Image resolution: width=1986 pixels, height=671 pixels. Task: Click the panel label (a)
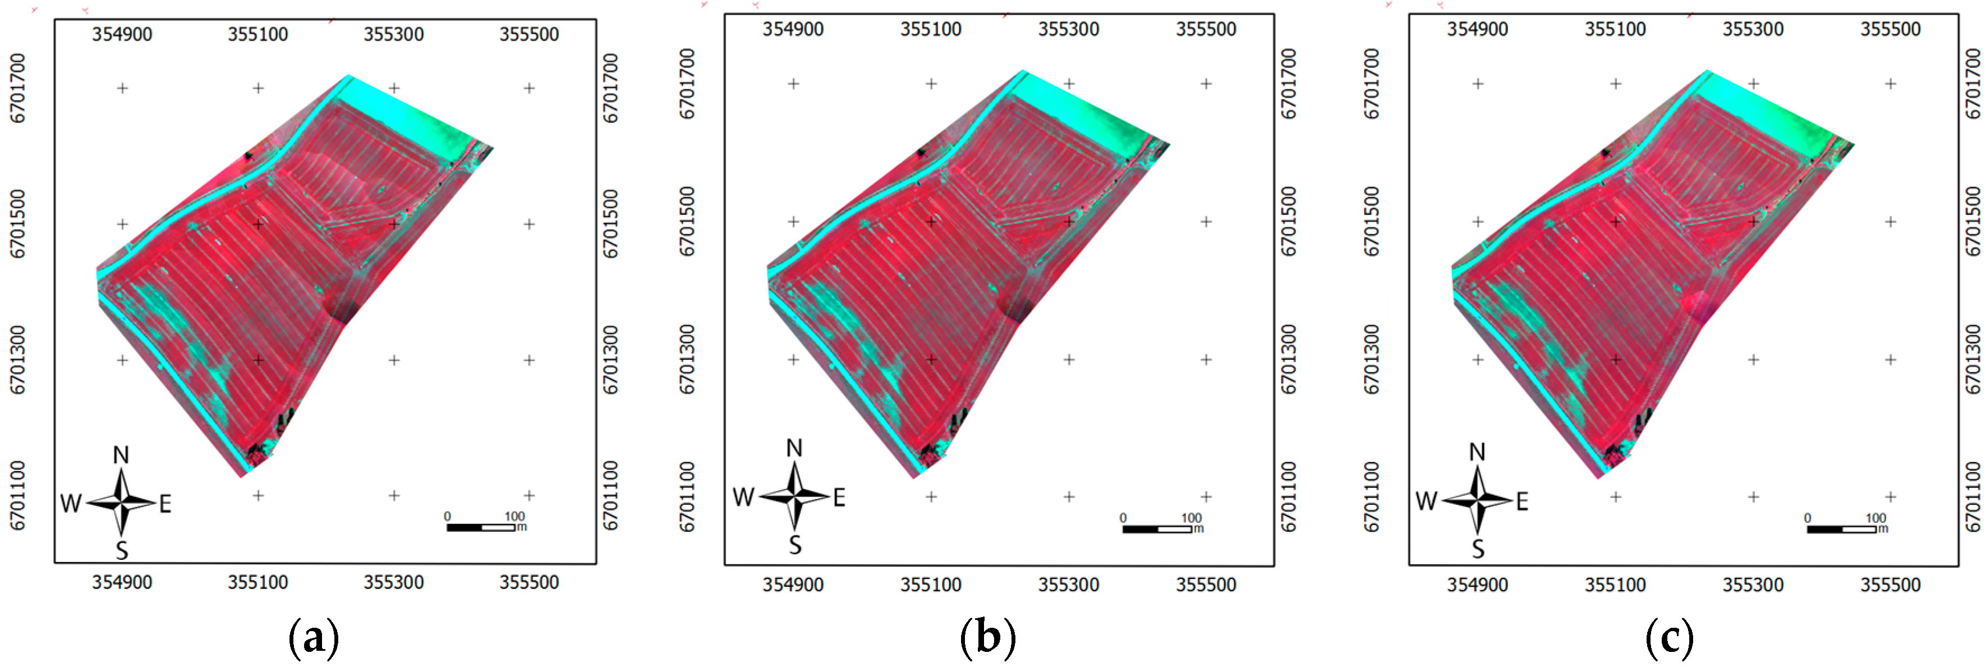click(313, 638)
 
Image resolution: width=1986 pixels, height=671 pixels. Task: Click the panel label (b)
click(987, 638)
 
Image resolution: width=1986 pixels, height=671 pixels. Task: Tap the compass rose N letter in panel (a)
click(121, 455)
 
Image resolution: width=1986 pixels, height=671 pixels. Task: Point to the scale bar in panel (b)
click(1157, 529)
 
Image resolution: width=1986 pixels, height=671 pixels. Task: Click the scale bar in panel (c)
click(1842, 529)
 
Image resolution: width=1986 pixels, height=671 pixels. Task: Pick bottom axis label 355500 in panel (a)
click(529, 582)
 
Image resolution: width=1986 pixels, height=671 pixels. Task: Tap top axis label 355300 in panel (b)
click(1069, 29)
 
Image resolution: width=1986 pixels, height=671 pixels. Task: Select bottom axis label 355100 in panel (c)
click(1615, 585)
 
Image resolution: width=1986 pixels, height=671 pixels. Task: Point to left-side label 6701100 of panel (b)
click(687, 497)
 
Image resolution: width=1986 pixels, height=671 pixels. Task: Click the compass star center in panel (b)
click(795, 496)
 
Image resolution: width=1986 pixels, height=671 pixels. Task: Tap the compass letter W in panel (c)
click(1426, 501)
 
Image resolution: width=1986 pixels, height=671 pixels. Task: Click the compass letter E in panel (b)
click(840, 497)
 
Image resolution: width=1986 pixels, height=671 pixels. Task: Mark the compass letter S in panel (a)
click(122, 550)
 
